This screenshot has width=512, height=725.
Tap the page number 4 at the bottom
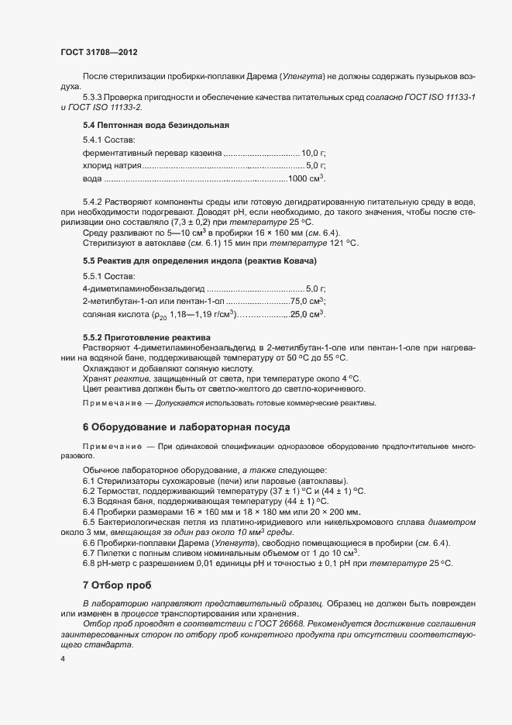63,659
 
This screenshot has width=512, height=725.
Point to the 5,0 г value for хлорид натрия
316,166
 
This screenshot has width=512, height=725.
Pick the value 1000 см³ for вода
307,179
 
